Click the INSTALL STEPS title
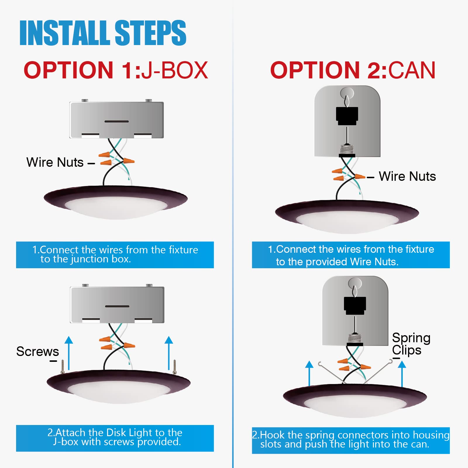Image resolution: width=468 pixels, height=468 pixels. pyautogui.click(x=103, y=33)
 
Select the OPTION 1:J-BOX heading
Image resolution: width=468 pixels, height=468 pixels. pyautogui.click(x=116, y=70)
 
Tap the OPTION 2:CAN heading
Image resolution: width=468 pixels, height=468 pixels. pyautogui.click(x=353, y=70)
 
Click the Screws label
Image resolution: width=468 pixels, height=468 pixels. pyautogui.click(x=37, y=351)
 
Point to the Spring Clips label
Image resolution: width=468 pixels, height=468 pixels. pyautogui.click(x=411, y=344)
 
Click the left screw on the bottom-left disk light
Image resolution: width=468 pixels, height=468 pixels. pyautogui.click(x=62, y=367)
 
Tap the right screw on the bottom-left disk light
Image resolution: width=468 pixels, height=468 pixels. pyautogui.click(x=175, y=367)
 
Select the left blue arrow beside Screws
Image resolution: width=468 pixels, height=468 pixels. pyautogui.click(x=69, y=353)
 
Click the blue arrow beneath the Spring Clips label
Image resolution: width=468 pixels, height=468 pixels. pyautogui.click(x=402, y=374)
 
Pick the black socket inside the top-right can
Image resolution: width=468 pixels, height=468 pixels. pyautogui.click(x=347, y=116)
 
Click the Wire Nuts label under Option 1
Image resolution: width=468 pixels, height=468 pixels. pyautogui.click(x=55, y=162)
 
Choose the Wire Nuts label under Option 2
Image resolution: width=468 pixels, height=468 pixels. pyautogui.click(x=407, y=176)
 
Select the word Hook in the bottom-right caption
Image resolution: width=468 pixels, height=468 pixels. pyautogui.click(x=273, y=435)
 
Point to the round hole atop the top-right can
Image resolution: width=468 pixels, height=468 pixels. pyautogui.click(x=347, y=93)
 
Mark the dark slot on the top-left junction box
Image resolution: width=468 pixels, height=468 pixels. pyautogui.click(x=117, y=121)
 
